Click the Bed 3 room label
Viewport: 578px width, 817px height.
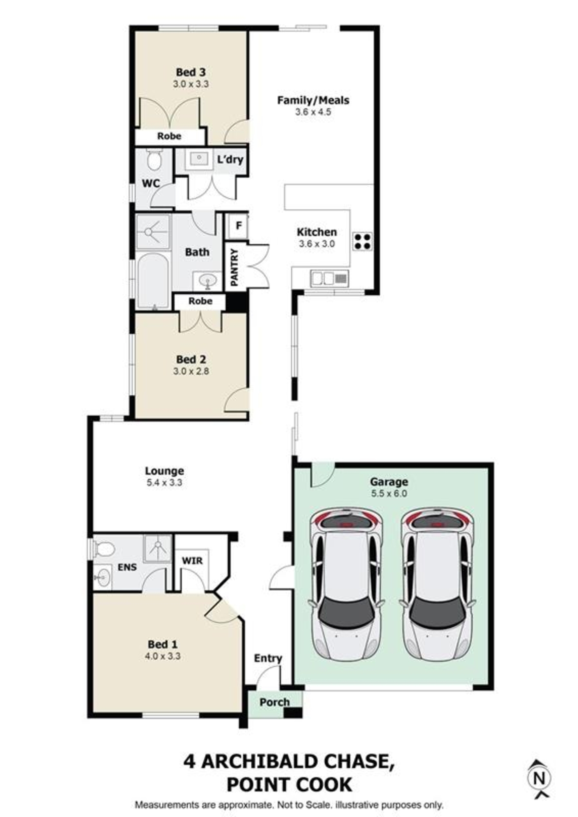[x=190, y=72]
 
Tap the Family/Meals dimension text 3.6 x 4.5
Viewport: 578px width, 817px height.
[x=313, y=112]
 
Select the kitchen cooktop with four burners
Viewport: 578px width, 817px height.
[x=362, y=241]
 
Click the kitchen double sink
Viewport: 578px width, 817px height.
[x=329, y=279]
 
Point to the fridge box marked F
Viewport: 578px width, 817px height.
[x=239, y=225]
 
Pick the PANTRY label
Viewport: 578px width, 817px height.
[x=234, y=267]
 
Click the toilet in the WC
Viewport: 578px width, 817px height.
[x=154, y=161]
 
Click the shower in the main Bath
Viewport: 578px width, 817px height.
[x=152, y=232]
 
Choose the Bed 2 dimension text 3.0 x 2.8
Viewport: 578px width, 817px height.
[x=191, y=371]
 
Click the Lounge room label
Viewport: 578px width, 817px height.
[x=164, y=471]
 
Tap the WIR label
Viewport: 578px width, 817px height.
[x=192, y=560]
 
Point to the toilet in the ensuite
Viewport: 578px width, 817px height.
[x=104, y=549]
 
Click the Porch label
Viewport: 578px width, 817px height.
[x=274, y=702]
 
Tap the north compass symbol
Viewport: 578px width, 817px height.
[x=539, y=778]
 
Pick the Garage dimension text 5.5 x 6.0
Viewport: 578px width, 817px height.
[x=389, y=493]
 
